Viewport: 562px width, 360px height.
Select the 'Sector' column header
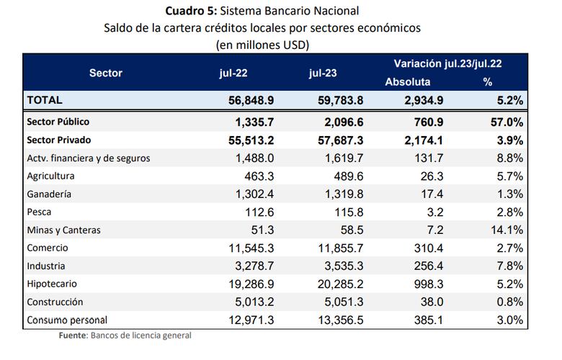pos(106,73)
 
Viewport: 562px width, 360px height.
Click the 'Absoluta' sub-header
pos(408,82)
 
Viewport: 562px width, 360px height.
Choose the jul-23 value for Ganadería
pos(343,194)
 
